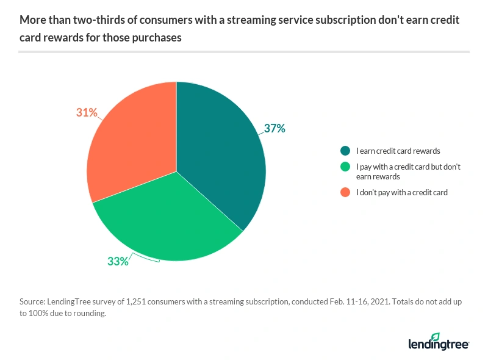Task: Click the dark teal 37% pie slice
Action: [x=220, y=153]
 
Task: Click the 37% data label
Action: [x=274, y=129]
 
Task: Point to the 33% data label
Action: [x=118, y=261]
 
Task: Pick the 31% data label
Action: [x=87, y=112]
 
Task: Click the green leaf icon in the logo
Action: [x=435, y=337]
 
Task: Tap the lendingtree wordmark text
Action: [x=438, y=345]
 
